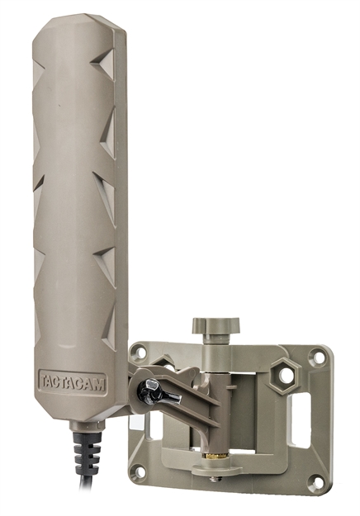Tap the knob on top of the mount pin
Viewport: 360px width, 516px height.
209,324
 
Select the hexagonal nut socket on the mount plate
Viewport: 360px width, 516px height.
287,375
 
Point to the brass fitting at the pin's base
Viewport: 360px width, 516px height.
212,456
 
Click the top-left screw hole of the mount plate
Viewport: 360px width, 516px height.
140,352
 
